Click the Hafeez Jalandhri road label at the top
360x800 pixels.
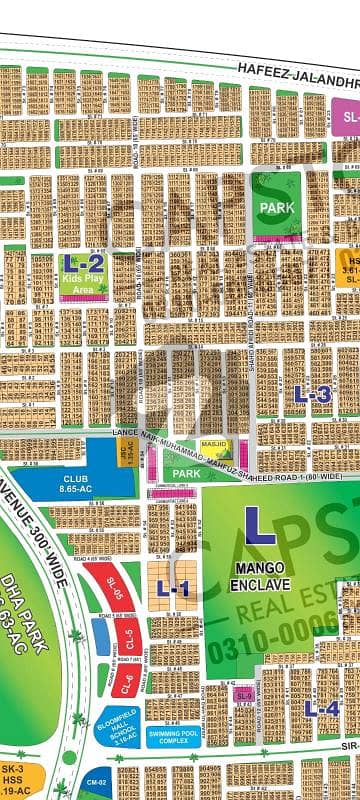click(295, 67)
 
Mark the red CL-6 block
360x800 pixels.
click(127, 685)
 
